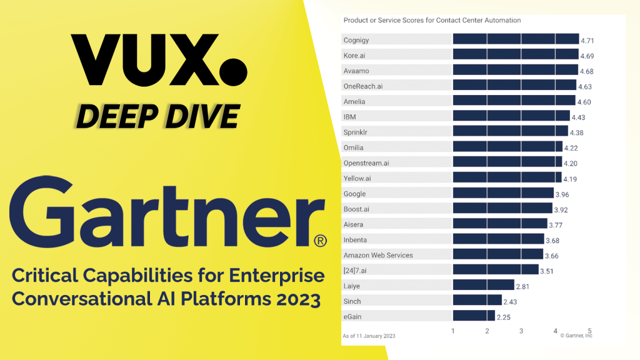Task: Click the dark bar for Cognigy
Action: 516,39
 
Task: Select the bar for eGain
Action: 474,316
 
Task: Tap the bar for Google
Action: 503,192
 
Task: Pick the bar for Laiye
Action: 484,285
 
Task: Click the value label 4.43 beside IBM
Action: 578,117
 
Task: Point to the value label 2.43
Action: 510,302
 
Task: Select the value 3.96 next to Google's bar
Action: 562,195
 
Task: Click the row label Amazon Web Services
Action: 378,255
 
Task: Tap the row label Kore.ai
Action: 354,56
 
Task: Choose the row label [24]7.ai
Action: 355,271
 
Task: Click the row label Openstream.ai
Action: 366,163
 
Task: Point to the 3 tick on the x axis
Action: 521,331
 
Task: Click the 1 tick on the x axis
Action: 453,331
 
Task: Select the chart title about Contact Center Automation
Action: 432,20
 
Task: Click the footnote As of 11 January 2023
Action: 369,336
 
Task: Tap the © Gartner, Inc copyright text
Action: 576,336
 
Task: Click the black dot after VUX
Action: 233,72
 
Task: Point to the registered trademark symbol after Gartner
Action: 321,241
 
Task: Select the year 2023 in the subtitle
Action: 298,299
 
